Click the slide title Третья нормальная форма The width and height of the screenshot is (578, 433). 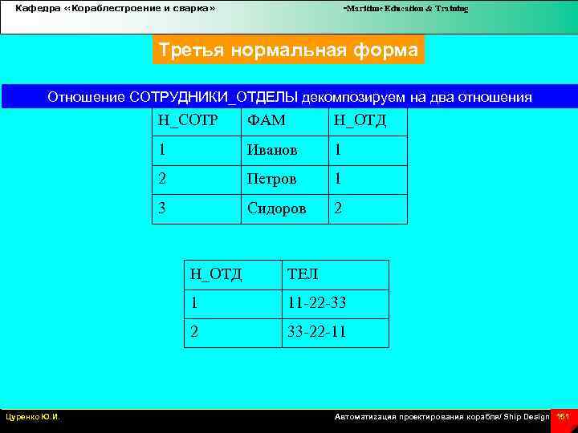(288, 51)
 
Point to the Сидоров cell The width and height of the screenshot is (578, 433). (276, 208)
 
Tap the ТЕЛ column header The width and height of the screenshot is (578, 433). (303, 274)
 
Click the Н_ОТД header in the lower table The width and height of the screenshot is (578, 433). (215, 274)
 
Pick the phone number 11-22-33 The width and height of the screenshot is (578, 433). (317, 304)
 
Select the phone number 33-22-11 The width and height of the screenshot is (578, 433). (317, 332)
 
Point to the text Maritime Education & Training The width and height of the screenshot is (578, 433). (406, 9)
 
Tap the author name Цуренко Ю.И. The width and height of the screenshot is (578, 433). (33, 417)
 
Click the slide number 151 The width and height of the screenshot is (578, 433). (563, 417)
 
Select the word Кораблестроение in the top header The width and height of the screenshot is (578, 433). (112, 9)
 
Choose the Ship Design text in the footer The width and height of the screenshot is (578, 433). (527, 417)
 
